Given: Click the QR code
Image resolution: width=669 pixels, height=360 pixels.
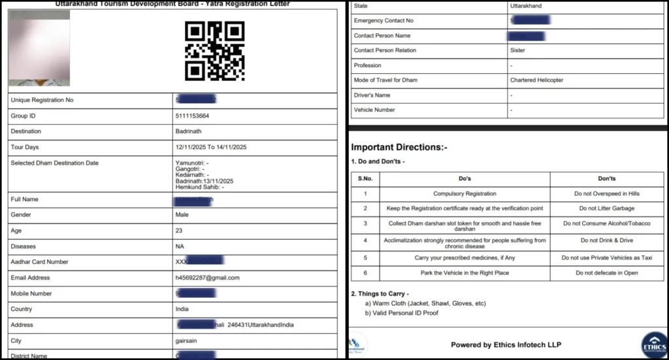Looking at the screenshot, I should (214, 50).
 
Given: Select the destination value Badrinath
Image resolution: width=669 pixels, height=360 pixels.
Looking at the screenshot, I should (189, 131).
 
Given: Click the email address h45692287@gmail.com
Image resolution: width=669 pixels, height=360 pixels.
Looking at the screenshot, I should (207, 278).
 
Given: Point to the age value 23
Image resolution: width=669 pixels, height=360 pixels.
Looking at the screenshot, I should (179, 231).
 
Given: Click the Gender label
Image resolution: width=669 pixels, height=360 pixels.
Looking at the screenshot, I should (22, 215).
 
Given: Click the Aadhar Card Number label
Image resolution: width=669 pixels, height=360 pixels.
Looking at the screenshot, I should (40, 262).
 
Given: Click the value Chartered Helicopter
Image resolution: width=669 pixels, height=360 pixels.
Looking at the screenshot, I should (536, 80).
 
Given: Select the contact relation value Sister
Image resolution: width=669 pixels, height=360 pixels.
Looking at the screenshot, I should (517, 50).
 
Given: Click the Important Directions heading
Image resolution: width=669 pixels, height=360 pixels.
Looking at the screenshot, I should (399, 148).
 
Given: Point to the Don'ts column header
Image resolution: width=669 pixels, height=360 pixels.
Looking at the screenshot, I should (607, 178).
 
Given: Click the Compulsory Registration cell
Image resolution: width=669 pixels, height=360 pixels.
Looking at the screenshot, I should (465, 194).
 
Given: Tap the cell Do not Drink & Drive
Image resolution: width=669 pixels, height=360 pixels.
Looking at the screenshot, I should (607, 240).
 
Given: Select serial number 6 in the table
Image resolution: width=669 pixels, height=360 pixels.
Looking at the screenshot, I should (365, 273).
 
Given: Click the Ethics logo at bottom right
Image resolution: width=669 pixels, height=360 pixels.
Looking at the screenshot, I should (654, 344).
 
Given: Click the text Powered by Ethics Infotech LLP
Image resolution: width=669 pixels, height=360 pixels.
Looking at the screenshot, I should (506, 345).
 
